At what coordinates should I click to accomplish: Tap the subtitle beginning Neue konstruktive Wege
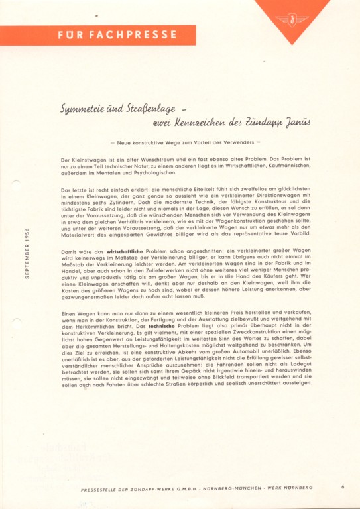(x=186, y=142)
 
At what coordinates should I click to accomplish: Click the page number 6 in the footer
(x=343, y=487)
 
